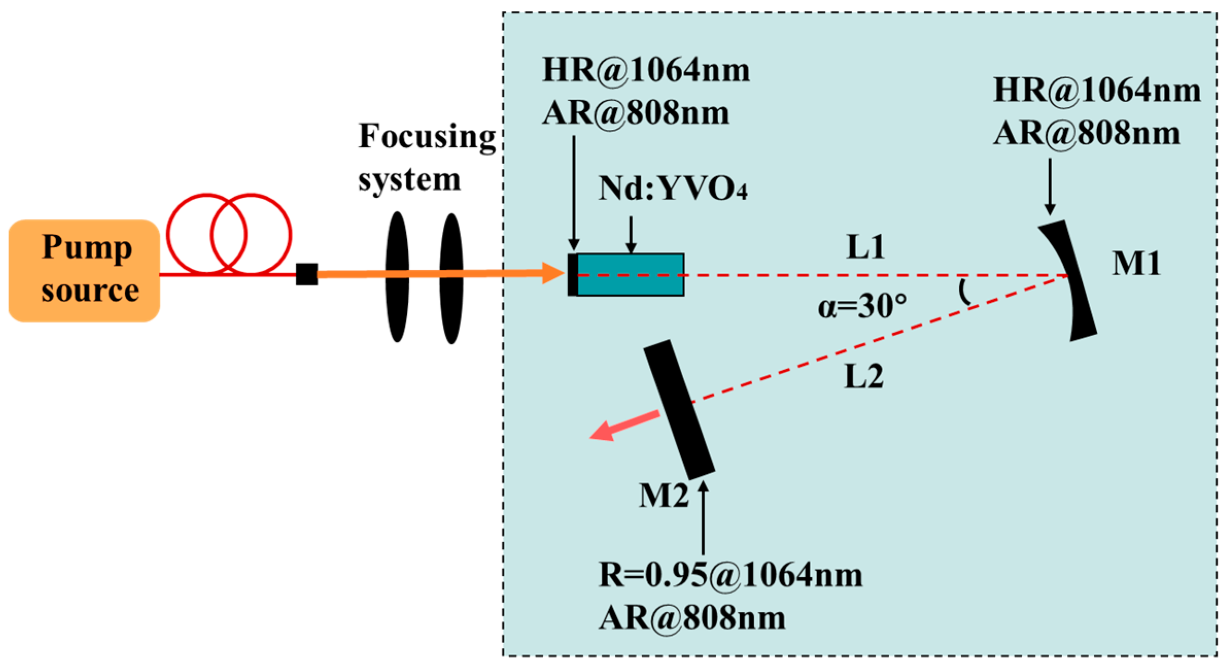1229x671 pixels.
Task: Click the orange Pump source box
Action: pyautogui.click(x=84, y=270)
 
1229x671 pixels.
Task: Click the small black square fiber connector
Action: pyautogui.click(x=306, y=274)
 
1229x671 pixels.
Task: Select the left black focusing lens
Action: pyautogui.click(x=397, y=277)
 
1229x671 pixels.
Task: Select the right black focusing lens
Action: pyautogui.click(x=451, y=278)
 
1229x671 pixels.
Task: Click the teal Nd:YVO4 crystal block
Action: pyautogui.click(x=631, y=274)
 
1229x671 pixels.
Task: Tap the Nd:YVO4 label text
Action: pyautogui.click(x=672, y=188)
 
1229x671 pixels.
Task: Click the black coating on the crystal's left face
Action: pyautogui.click(x=573, y=274)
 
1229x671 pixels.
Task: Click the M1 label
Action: pyautogui.click(x=1136, y=264)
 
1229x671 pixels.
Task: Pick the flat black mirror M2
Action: pyautogui.click(x=679, y=409)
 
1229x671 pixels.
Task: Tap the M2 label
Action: pyautogui.click(x=663, y=496)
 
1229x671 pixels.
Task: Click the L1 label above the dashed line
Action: pyautogui.click(x=866, y=247)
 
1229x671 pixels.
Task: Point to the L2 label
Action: pyautogui.click(x=864, y=376)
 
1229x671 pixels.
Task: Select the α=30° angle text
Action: pyautogui.click(x=862, y=306)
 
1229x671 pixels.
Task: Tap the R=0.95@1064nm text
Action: pyautogui.click(x=730, y=575)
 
